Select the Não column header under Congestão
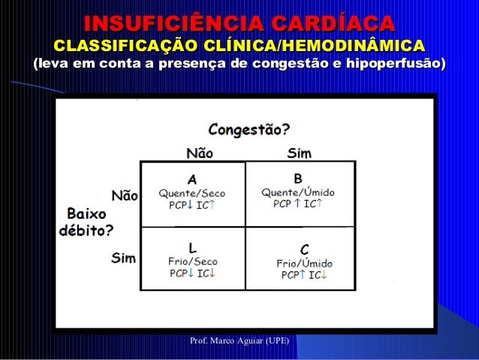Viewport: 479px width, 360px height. pos(199,153)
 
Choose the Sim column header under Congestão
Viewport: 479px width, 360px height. pos(300,153)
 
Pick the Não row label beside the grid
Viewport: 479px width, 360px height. pos(125,196)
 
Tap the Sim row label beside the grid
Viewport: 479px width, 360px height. pos(123,258)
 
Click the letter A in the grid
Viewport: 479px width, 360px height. pos(192,180)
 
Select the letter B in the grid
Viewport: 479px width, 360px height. pos(298,179)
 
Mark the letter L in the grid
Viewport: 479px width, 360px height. pos(192,247)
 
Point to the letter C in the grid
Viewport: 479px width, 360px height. pos(305,249)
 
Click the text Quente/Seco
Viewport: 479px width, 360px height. pos(191,192)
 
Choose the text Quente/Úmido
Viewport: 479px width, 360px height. pos(298,192)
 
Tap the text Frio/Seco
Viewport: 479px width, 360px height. pos(191,262)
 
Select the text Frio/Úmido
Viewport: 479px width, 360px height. pos(303,263)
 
